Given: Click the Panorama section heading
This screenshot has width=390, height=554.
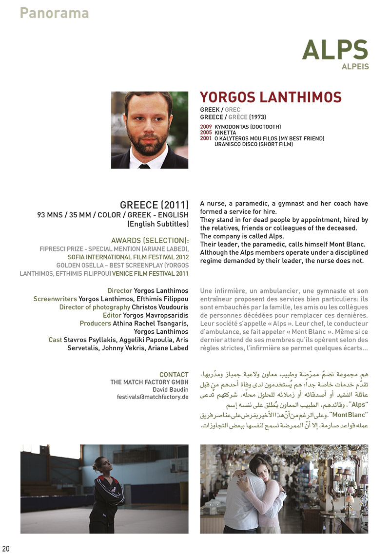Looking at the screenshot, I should (54, 13).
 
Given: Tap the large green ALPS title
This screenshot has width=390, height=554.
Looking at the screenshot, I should (334, 50).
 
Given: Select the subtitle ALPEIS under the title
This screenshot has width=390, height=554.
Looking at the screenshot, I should (355, 67).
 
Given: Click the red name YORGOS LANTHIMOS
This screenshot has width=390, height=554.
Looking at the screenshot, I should (271, 97).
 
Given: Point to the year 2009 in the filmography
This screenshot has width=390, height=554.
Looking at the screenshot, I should (206, 127).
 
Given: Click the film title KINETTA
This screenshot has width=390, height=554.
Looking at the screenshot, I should (225, 133).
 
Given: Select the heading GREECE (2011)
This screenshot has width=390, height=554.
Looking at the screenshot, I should (154, 204).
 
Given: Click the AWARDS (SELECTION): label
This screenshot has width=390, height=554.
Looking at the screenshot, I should (150, 240).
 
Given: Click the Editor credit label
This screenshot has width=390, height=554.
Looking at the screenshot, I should (112, 316).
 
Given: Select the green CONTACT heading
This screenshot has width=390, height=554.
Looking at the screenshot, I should (174, 375).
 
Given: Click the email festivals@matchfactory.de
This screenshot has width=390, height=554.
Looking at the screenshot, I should (153, 397).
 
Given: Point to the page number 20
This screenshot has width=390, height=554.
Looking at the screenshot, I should (6, 549).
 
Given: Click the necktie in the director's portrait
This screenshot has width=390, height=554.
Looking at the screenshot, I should (144, 166).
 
